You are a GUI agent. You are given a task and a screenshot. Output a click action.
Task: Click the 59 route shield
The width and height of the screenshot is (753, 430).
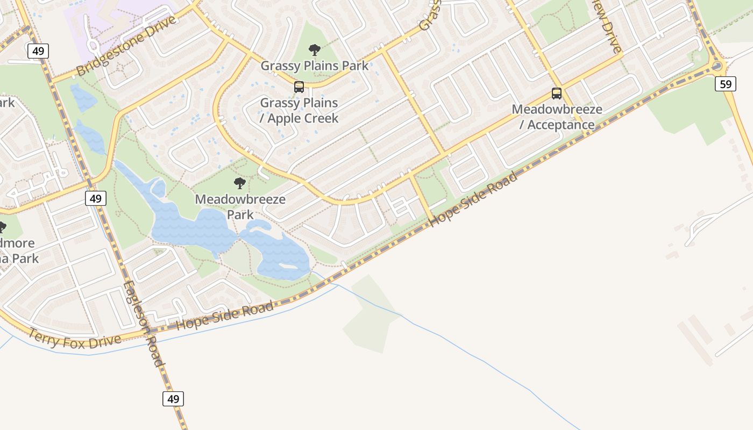tap(725, 84)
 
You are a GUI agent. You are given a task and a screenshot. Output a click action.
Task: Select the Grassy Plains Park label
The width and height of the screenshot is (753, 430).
tap(315, 66)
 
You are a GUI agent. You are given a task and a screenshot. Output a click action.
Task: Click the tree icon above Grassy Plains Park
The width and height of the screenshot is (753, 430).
tap(315, 51)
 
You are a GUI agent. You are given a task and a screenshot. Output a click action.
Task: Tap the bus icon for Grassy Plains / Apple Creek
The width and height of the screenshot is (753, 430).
tap(299, 87)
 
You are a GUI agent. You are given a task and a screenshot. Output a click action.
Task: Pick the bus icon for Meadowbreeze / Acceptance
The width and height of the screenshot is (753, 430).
tap(557, 94)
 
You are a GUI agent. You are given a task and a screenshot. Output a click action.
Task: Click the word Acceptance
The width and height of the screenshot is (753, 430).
tap(560, 125)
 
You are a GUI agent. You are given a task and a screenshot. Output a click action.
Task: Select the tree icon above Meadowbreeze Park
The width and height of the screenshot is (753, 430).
tap(240, 183)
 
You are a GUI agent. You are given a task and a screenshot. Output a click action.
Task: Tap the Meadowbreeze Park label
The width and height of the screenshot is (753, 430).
tap(240, 206)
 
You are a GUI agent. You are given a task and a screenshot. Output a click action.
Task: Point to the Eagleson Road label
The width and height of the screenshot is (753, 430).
tap(143, 324)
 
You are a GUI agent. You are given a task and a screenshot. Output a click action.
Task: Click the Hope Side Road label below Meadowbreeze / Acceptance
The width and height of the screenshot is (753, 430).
tap(474, 199)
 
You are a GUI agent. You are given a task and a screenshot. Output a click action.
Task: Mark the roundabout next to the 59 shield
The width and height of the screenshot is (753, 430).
tap(716, 66)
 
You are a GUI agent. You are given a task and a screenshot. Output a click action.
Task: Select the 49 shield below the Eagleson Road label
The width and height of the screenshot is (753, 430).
tap(173, 399)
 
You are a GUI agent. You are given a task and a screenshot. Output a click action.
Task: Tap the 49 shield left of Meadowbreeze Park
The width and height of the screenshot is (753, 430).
tap(95, 198)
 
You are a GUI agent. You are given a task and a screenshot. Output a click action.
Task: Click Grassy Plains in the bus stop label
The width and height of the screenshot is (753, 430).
tap(299, 103)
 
